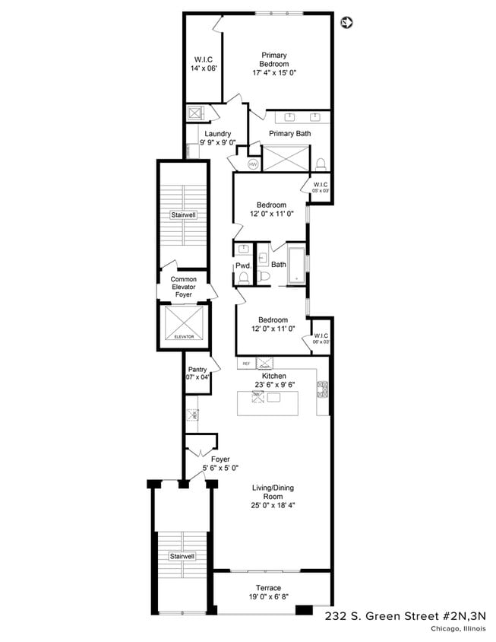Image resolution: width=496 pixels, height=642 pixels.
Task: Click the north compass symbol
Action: tap(347, 22)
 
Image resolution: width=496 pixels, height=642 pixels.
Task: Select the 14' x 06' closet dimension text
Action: tap(204, 68)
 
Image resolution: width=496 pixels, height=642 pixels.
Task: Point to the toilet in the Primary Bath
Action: tap(321, 162)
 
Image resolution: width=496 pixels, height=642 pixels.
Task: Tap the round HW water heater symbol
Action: tap(253, 164)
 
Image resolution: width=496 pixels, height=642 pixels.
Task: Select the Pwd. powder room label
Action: tap(243, 265)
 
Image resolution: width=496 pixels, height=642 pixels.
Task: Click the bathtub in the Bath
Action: tap(296, 265)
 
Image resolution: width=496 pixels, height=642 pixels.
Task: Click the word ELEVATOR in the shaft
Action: tap(184, 336)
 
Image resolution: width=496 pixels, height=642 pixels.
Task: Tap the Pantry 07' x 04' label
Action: tap(197, 373)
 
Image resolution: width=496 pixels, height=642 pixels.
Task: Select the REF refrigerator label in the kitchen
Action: tap(246, 364)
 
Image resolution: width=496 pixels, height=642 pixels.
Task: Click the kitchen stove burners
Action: tap(321, 389)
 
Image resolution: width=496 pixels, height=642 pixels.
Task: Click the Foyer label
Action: tap(220, 459)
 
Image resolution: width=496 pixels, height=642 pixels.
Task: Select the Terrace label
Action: tap(268, 587)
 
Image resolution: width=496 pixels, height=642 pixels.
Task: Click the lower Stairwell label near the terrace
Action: tap(183, 557)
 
